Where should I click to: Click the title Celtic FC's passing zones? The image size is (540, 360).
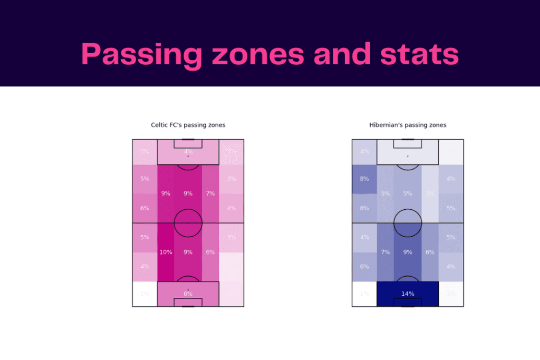188,125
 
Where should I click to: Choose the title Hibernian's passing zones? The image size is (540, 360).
408,125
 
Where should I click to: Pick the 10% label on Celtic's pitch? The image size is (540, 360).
166,252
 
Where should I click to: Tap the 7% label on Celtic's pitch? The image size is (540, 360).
210,193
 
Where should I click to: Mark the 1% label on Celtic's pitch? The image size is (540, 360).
144,294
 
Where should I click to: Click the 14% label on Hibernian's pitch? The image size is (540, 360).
408,294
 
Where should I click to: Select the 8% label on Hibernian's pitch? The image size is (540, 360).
364,179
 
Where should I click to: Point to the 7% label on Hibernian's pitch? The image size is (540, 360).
385,252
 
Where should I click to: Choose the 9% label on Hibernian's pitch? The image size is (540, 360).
408,252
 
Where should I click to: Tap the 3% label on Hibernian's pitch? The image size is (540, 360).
430,193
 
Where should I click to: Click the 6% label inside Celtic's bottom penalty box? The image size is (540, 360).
188,294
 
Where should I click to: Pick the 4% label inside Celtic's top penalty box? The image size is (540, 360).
188,152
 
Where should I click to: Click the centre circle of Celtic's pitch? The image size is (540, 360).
188,223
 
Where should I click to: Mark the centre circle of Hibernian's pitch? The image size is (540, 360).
408,223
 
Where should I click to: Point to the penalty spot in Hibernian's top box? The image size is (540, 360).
408,156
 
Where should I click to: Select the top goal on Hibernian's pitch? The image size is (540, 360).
408,139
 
